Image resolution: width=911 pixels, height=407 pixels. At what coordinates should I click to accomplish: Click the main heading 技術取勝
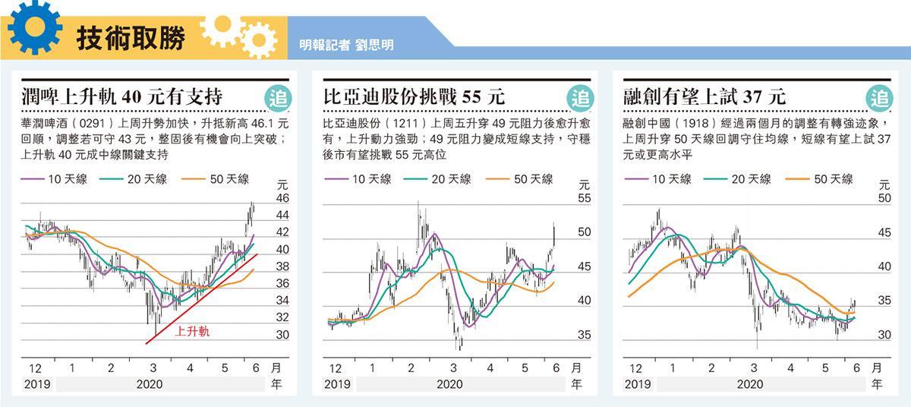pyautogui.click(x=131, y=39)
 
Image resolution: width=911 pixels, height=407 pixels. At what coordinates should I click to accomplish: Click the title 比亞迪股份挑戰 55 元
pyautogui.click(x=414, y=97)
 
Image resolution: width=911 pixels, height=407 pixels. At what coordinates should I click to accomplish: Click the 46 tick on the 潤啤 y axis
pyautogui.click(x=282, y=198)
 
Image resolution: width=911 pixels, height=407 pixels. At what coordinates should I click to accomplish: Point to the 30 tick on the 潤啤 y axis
pyautogui.click(x=282, y=334)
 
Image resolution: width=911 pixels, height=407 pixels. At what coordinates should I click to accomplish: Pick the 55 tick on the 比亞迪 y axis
pyautogui.click(x=584, y=198)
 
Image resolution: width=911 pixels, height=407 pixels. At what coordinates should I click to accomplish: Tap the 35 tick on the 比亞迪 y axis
pyautogui.click(x=584, y=334)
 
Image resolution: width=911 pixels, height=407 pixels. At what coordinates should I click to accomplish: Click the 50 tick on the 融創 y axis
pyautogui.click(x=884, y=198)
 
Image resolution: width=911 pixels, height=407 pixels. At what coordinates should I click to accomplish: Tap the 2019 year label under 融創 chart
pyautogui.click(x=637, y=384)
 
